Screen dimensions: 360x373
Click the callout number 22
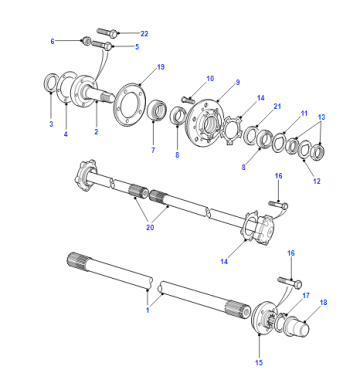[x=144, y=34]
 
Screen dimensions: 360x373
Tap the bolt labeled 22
[x=107, y=32]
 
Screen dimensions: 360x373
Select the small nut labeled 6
[x=86, y=41]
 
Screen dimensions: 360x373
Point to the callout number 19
[x=161, y=67]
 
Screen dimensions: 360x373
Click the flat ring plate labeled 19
[x=128, y=105]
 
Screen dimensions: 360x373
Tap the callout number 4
[x=66, y=134]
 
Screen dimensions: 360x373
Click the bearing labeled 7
[x=157, y=109]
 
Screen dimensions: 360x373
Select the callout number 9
[x=238, y=82]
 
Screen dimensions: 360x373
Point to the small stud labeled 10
[x=188, y=99]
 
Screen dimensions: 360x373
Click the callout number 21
[x=277, y=106]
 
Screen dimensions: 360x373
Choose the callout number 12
[x=317, y=181]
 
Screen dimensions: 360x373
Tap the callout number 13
[x=321, y=117]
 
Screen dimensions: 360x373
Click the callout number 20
[x=150, y=227]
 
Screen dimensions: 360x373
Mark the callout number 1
[x=148, y=310]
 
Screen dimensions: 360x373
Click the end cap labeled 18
[x=297, y=326]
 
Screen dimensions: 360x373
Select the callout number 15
[x=259, y=363]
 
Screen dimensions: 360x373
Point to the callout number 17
[x=306, y=295]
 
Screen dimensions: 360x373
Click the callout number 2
[x=96, y=132]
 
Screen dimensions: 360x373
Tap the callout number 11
[x=304, y=113]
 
